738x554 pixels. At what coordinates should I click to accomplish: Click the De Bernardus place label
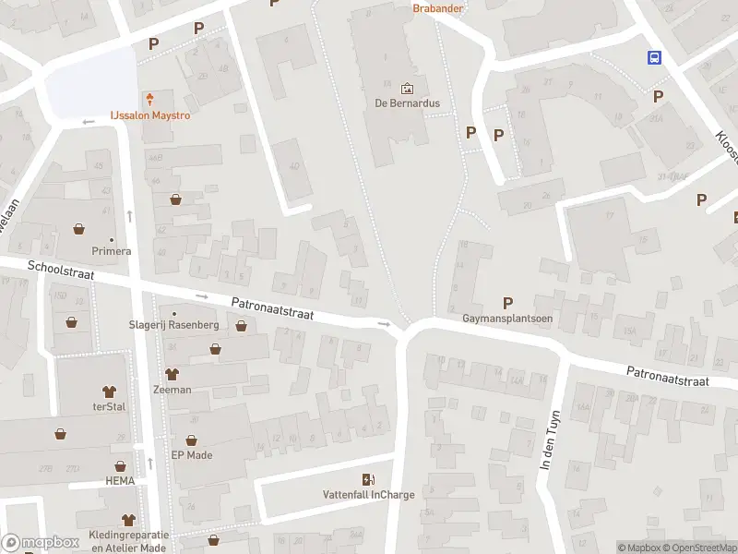point(407,103)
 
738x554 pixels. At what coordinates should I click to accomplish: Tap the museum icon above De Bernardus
point(407,89)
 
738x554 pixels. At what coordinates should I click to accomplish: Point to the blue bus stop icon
point(654,57)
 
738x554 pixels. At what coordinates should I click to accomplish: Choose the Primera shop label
point(112,251)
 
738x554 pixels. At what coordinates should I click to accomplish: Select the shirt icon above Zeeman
point(172,374)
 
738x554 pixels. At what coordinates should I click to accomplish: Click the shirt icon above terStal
point(110,391)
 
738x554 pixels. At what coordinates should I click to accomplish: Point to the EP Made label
point(192,454)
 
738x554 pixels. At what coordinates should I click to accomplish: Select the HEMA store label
point(120,482)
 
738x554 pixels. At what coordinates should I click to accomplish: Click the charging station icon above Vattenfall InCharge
point(369,478)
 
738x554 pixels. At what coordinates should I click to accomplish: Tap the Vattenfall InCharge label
point(369,494)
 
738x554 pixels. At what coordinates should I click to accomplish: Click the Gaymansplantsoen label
point(507,319)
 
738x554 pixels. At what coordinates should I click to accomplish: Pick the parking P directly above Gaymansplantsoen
point(507,302)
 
